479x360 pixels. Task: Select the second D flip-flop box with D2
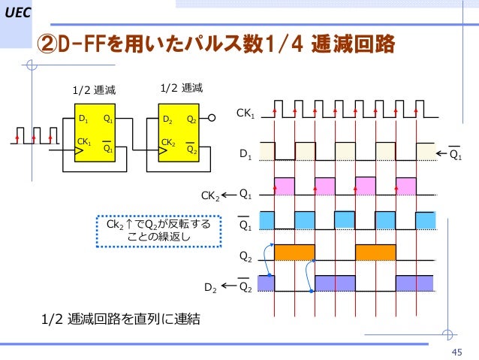click(x=181, y=132)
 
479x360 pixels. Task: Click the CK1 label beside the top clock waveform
click(x=246, y=114)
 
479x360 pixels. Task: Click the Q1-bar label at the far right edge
click(x=456, y=154)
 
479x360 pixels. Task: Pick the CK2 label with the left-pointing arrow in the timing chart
click(x=210, y=196)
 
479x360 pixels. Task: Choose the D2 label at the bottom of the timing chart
click(x=212, y=287)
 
